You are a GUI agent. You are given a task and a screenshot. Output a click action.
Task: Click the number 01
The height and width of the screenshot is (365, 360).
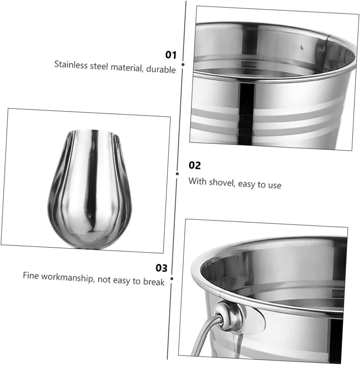coord(171,55)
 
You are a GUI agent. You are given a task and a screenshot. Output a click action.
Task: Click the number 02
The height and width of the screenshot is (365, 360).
coord(195,165)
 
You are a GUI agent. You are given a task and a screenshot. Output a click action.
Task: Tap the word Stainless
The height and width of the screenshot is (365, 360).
coord(71,65)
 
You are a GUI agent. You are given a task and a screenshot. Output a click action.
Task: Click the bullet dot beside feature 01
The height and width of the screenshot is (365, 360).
coord(183,65)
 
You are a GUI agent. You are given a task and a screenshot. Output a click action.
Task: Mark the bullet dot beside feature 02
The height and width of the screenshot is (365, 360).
coord(177,174)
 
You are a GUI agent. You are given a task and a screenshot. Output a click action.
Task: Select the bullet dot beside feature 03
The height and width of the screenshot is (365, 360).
coord(172,279)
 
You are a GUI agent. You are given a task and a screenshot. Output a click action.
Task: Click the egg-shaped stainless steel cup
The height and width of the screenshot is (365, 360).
coord(90,189)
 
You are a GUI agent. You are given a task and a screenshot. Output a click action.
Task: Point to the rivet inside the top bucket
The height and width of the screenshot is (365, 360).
coord(302,47)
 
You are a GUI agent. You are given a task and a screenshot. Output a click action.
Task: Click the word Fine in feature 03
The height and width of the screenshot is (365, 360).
coord(31,276)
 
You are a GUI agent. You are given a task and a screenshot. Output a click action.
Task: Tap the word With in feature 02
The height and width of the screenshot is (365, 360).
coord(197,181)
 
